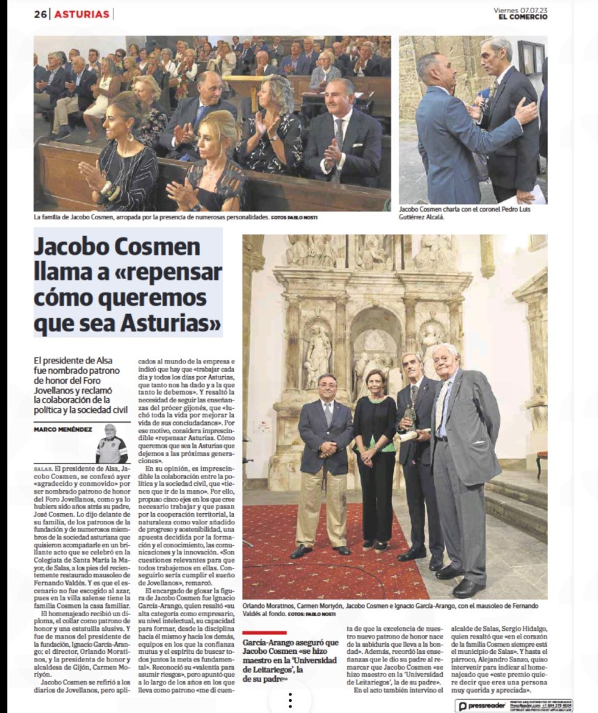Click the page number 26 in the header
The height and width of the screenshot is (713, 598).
40,14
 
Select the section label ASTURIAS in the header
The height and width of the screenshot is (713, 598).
81,14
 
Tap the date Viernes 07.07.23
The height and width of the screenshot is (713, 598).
520,10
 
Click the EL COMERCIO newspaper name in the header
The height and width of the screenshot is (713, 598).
522,17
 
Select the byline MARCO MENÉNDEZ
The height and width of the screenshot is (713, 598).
63,429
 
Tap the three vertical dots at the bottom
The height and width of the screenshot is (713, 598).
290,700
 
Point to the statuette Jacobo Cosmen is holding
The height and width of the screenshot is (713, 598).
410,418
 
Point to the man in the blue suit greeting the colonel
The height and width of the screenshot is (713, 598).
446,132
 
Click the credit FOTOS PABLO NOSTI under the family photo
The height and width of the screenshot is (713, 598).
294,218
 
